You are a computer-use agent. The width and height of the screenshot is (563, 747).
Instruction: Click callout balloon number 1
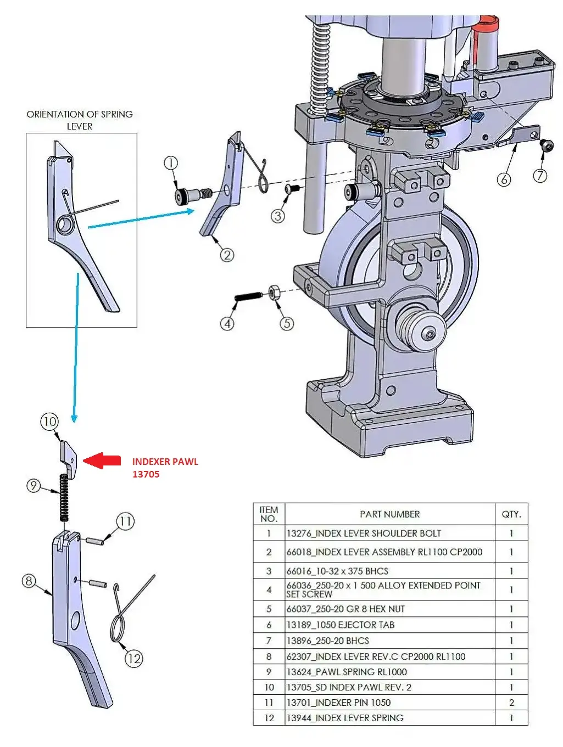(x=171, y=163)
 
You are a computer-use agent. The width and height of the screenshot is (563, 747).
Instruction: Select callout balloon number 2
(x=227, y=255)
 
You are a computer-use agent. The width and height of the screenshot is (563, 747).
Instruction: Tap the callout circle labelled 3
(x=278, y=216)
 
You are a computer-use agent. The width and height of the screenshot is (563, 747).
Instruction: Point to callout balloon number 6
(x=504, y=179)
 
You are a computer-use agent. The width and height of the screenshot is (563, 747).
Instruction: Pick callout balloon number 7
(x=540, y=176)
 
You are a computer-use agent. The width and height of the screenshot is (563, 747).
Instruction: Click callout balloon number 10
(x=49, y=422)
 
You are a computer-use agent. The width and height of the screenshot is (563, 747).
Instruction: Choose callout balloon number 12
(x=134, y=658)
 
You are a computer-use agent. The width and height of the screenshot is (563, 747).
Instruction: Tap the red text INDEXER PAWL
(x=165, y=462)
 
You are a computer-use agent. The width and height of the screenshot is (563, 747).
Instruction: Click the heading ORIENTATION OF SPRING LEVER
(x=80, y=120)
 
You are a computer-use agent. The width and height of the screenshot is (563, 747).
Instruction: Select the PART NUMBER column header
(x=389, y=514)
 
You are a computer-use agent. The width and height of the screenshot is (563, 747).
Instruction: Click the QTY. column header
(x=511, y=514)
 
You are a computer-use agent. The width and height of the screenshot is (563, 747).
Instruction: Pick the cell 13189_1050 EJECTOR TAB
(x=340, y=625)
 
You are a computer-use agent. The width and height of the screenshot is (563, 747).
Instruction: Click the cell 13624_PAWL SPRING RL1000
(x=347, y=672)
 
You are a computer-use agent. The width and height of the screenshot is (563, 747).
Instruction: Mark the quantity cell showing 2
(x=511, y=703)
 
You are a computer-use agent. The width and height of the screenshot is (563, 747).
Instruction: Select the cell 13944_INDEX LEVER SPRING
(x=345, y=718)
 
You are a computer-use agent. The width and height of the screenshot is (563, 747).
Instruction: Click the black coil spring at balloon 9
(x=64, y=497)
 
